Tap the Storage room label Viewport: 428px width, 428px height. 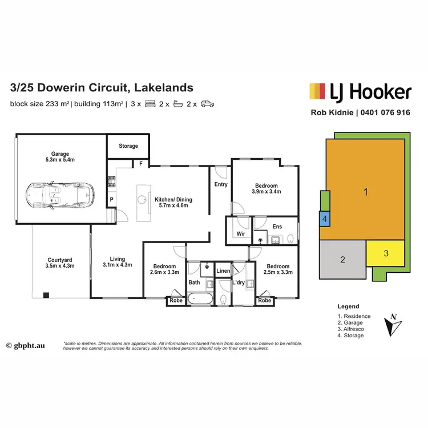[x=128, y=146]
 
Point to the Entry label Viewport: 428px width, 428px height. [x=221, y=184]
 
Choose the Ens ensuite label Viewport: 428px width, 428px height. [x=277, y=227]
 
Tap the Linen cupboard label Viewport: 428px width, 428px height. [x=223, y=271]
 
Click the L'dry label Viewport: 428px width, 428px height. [x=239, y=282]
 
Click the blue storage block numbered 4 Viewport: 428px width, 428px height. [x=324, y=219]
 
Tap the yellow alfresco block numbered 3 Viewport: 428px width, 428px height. [x=386, y=253]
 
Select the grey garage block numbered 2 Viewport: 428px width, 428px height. [x=342, y=260]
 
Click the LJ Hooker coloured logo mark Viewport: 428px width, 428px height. [x=318, y=91]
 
